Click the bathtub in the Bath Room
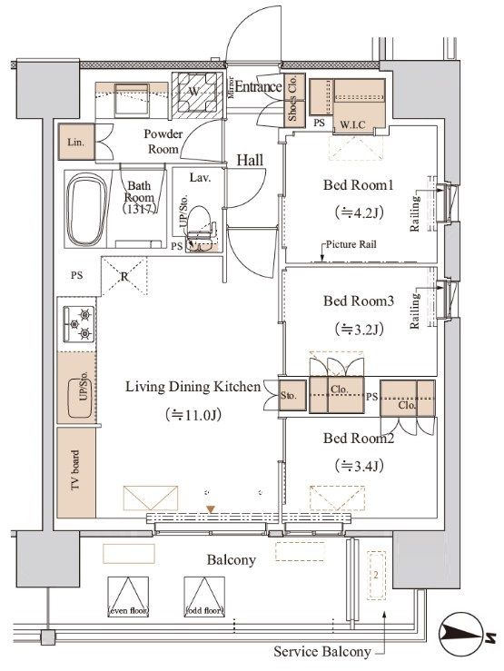tap(88, 208)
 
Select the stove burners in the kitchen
tap(77, 324)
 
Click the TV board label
tap(76, 471)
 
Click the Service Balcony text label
tap(322, 651)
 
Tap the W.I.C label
tap(354, 123)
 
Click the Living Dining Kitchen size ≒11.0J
tap(190, 415)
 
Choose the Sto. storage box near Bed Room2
tap(291, 396)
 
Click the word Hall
tap(250, 160)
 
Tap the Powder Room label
tap(163, 142)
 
